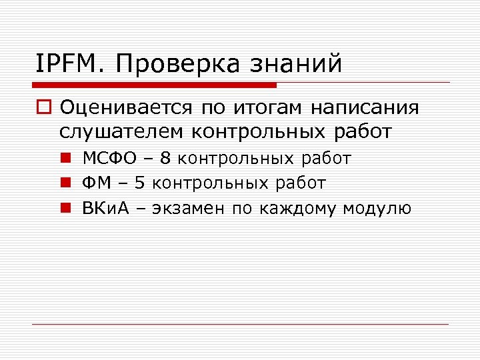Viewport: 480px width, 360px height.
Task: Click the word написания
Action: point(371,108)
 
